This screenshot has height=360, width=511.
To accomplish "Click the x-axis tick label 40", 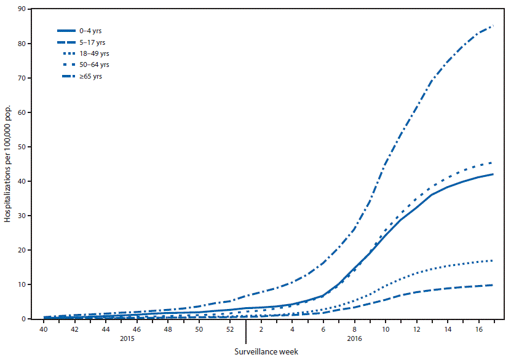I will pyautogui.click(x=44, y=330).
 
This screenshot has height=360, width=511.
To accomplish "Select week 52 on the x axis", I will pyautogui.click(x=230, y=330).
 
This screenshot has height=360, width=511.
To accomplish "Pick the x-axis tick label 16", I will pyautogui.click(x=478, y=330).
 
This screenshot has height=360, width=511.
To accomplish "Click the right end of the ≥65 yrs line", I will pyautogui.click(x=493, y=26).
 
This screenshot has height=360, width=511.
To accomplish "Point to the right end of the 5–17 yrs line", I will pyautogui.click(x=493, y=285).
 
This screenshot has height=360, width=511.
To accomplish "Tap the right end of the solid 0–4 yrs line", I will pyautogui.click(x=493, y=174).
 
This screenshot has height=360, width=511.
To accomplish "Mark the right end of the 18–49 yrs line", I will pyautogui.click(x=493, y=260).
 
